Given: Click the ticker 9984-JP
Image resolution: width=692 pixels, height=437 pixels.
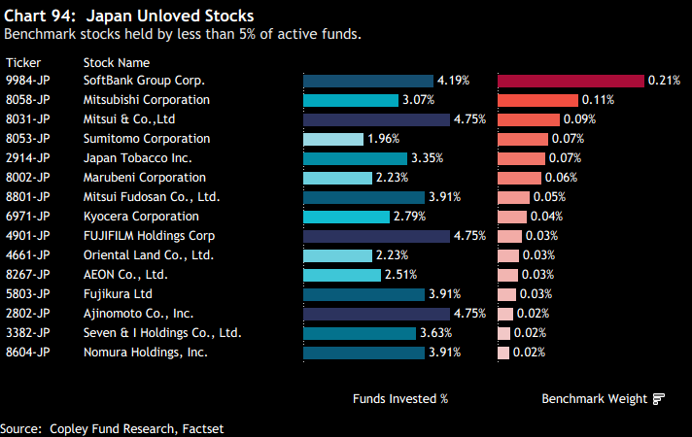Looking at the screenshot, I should pos(28,81).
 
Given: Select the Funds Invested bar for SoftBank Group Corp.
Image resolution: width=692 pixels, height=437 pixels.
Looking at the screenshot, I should pos(368,81).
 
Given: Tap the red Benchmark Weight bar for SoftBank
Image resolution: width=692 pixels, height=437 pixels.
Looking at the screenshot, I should pos(571,81).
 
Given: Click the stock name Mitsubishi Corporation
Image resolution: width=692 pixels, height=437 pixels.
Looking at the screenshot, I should pos(147,100).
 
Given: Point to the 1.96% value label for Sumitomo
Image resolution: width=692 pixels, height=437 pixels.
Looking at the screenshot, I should pos(384,139).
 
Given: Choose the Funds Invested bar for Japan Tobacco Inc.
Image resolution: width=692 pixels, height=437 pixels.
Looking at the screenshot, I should pos(355,158).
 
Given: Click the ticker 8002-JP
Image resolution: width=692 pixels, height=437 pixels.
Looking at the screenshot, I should pos(28,178).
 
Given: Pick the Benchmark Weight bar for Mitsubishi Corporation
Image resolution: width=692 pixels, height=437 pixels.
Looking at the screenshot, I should pos(538,100).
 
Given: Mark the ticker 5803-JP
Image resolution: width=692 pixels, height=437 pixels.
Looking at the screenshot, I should pos(28,294).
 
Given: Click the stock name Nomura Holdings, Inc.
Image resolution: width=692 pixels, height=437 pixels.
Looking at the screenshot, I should pos(146,353).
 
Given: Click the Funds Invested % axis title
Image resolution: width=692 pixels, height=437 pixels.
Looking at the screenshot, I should pos(400,398).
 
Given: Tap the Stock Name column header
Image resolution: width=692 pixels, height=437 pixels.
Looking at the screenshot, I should pos(117,62).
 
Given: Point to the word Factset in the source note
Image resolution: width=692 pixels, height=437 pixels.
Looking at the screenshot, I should pos(213,428).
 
